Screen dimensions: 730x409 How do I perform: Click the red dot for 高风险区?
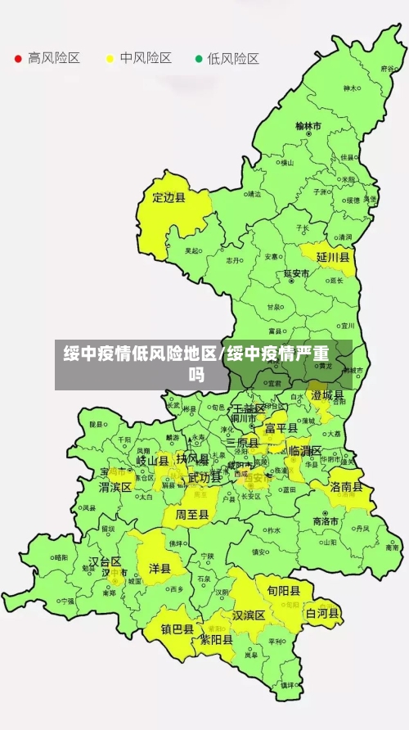tap(18, 59)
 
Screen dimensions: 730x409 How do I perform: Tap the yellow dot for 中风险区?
tap(110, 59)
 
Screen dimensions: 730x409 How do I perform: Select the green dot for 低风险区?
tap(198, 59)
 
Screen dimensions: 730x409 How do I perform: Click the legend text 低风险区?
tap(233, 59)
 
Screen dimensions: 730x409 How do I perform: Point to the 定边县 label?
tap(169, 197)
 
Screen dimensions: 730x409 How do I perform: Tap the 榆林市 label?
tap(308, 127)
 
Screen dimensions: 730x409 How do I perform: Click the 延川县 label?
tap(333, 257)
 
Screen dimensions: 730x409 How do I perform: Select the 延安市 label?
tap(296, 273)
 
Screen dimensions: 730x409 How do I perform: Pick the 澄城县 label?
tap(327, 395)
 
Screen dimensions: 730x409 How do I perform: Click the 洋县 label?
tap(160, 568)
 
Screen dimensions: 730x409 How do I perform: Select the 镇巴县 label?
tap(177, 629)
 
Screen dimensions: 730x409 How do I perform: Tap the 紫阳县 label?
tap(217, 641)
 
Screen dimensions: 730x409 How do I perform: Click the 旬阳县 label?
tap(277, 590)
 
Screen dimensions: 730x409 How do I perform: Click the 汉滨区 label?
tap(248, 615)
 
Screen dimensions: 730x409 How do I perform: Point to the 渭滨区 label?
tap(115, 487)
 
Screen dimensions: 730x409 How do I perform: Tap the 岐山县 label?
tap(152, 461)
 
